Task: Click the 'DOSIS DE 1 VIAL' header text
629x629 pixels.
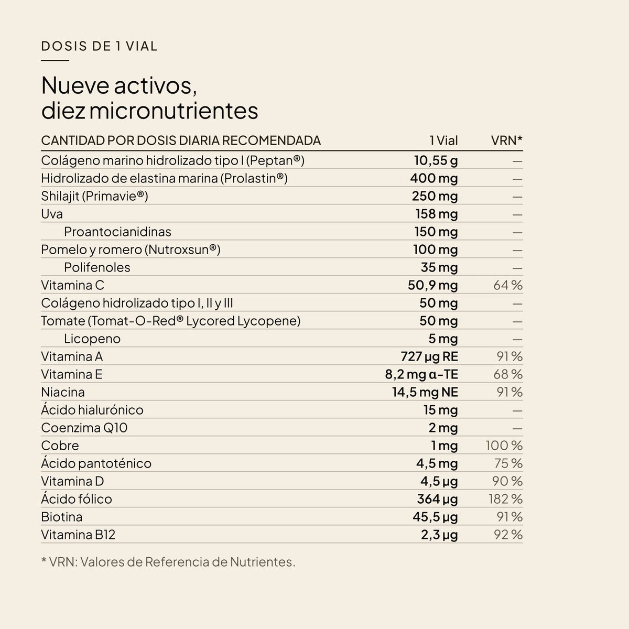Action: tap(99, 46)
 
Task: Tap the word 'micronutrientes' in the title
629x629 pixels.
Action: tap(173, 111)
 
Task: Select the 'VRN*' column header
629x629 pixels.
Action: tap(506, 140)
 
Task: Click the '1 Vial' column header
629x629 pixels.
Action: tap(443, 140)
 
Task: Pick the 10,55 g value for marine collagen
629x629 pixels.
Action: tap(436, 160)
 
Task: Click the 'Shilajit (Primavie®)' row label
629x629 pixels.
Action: tap(94, 196)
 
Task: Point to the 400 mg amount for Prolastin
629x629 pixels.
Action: tap(434, 178)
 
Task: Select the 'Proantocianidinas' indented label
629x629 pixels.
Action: tap(117, 232)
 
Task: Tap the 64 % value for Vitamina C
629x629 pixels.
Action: tap(508, 285)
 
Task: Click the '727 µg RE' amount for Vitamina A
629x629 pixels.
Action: tap(429, 356)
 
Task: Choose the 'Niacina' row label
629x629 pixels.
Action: tap(63, 392)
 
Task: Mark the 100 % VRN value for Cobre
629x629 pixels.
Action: tap(504, 446)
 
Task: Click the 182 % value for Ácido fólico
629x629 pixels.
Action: tap(506, 499)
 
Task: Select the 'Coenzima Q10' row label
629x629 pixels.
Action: tap(84, 428)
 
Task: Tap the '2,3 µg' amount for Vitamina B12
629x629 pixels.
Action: tap(439, 535)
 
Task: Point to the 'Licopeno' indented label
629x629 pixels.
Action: tap(92, 339)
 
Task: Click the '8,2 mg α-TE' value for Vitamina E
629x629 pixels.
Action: tap(421, 374)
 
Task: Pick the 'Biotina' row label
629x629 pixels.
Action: tap(62, 517)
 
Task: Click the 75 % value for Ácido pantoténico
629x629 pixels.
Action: tap(508, 463)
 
